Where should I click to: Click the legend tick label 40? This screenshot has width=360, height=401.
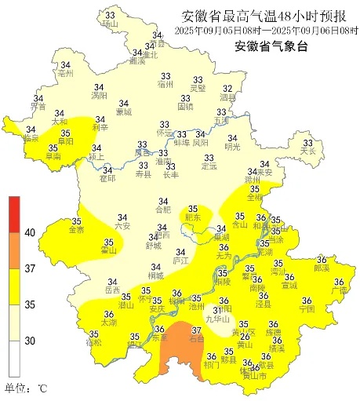30,232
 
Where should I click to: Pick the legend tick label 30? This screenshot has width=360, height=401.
30,341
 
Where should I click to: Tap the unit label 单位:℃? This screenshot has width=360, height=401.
26,388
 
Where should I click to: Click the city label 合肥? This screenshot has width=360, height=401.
162,210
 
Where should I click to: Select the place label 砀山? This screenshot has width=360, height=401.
109,24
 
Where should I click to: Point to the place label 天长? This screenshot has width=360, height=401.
308,151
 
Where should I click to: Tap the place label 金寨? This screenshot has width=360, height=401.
77,231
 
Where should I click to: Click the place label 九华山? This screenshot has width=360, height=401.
216,319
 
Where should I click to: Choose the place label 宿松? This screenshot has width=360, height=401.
93,344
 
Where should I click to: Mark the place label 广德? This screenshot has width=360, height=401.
340,290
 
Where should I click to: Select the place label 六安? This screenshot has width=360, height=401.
122,226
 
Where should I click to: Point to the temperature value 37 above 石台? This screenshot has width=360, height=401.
197,330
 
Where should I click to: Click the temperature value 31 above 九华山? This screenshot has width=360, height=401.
216,311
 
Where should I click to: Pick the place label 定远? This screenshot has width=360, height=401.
209,166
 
